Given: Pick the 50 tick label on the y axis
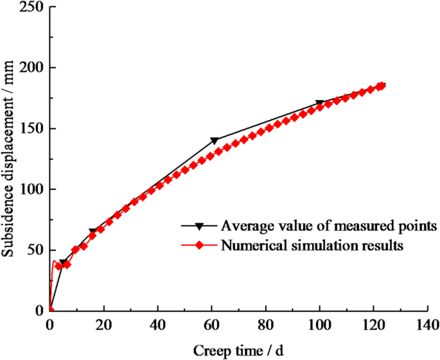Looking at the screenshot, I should point(33,250).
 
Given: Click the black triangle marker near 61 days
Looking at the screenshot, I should point(215,141).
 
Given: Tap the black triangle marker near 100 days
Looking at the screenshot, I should point(319,103).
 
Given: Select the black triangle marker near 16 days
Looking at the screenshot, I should point(92,232).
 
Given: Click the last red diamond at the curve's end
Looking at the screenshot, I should point(381,86).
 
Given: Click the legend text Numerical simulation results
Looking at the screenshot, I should point(312,244).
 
